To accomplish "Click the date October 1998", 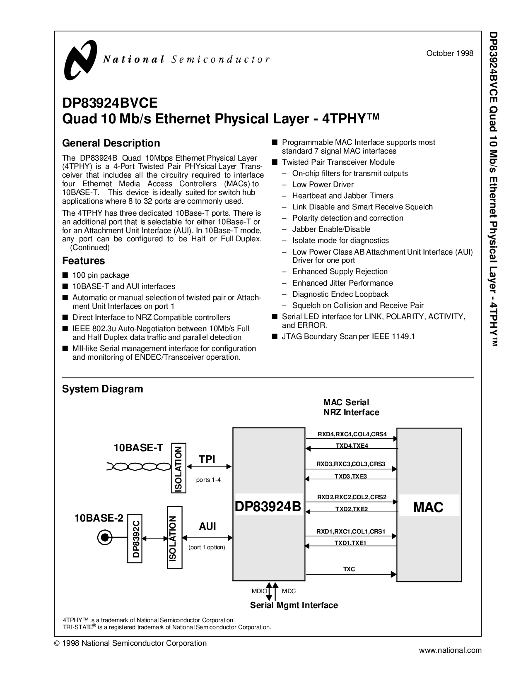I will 450,53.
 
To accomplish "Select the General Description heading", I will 111,143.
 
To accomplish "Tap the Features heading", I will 83,261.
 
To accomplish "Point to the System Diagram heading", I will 102,389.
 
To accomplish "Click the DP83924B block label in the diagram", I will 268,507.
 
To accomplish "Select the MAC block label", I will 428,507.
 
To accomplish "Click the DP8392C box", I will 135,538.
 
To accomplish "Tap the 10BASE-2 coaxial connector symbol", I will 104,538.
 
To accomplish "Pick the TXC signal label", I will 349,569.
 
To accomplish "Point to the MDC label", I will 289,591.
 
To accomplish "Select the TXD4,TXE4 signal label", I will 351,446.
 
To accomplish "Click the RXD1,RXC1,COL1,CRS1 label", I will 351,531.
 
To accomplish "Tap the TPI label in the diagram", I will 207,459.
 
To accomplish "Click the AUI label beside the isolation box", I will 207,526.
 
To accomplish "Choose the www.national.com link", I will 451,650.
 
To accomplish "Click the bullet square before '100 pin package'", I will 65,275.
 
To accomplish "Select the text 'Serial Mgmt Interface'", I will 294,605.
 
